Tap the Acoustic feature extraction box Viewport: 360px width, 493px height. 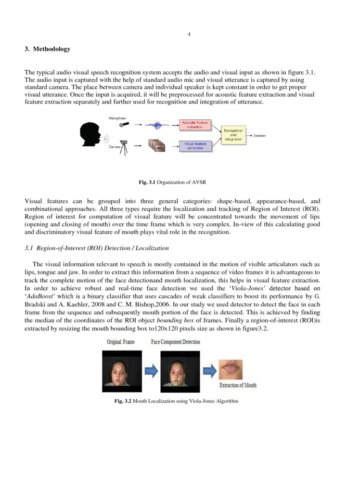point(195,125)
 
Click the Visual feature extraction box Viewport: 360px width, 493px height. point(195,145)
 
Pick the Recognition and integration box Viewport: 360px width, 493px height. point(233,135)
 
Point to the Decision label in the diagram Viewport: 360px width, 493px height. point(259,136)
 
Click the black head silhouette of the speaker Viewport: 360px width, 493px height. point(90,134)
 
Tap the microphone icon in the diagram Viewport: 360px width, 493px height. point(125,124)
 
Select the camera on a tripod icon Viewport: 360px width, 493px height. point(125,147)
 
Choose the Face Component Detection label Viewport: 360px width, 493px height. point(175,342)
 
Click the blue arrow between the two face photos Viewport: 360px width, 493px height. point(151,371)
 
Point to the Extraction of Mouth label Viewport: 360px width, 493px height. point(238,385)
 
